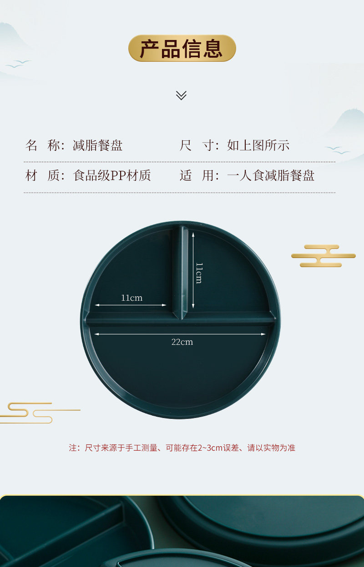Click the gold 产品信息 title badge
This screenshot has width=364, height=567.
pyautogui.click(x=182, y=49)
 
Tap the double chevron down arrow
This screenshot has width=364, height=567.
pyautogui.click(x=181, y=95)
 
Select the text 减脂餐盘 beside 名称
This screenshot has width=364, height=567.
pyautogui.click(x=98, y=146)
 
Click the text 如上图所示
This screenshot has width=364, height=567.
pyautogui.click(x=258, y=146)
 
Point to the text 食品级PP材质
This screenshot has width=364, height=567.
pyautogui.click(x=112, y=176)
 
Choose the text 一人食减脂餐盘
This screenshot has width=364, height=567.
pyautogui.click(x=271, y=176)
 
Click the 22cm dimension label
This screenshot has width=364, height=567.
pyautogui.click(x=182, y=342)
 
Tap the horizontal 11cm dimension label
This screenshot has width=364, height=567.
pyautogui.click(x=131, y=298)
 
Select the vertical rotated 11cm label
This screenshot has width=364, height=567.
pyautogui.click(x=199, y=273)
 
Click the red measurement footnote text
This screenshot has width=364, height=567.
pyautogui.click(x=182, y=448)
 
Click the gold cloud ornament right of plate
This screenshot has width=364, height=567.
pyautogui.click(x=323, y=256)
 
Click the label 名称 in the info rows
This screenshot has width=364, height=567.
pyautogui.click(x=43, y=146)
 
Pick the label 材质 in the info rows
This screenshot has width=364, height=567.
pyautogui.click(x=43, y=176)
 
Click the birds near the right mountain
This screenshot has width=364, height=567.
pyautogui.click(x=337, y=150)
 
